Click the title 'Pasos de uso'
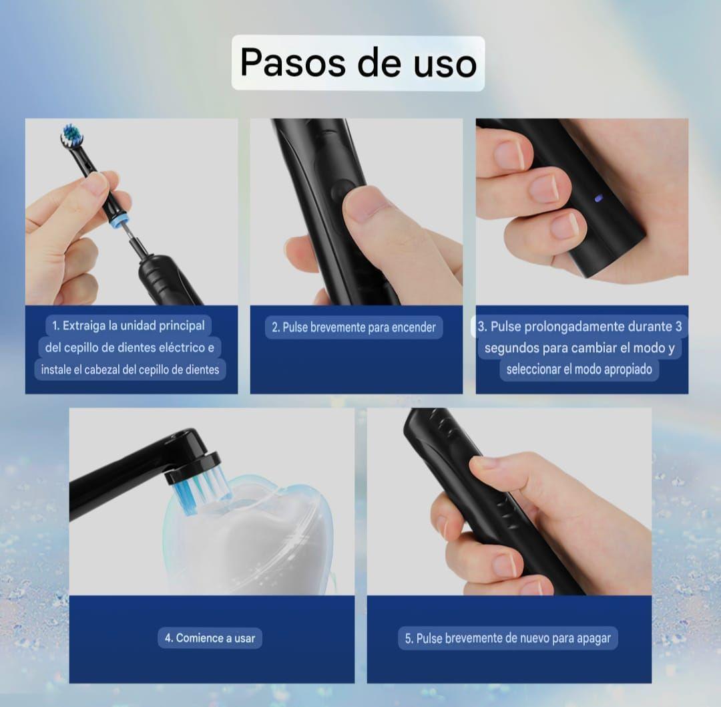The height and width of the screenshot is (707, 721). point(358,63)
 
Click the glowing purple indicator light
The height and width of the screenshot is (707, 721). point(598,198)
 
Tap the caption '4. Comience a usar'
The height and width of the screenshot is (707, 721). point(210,638)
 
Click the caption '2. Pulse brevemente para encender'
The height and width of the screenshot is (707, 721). point(354,327)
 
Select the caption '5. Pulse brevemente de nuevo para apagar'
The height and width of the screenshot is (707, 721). point(507,638)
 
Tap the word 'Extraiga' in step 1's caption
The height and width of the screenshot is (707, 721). point(83,326)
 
